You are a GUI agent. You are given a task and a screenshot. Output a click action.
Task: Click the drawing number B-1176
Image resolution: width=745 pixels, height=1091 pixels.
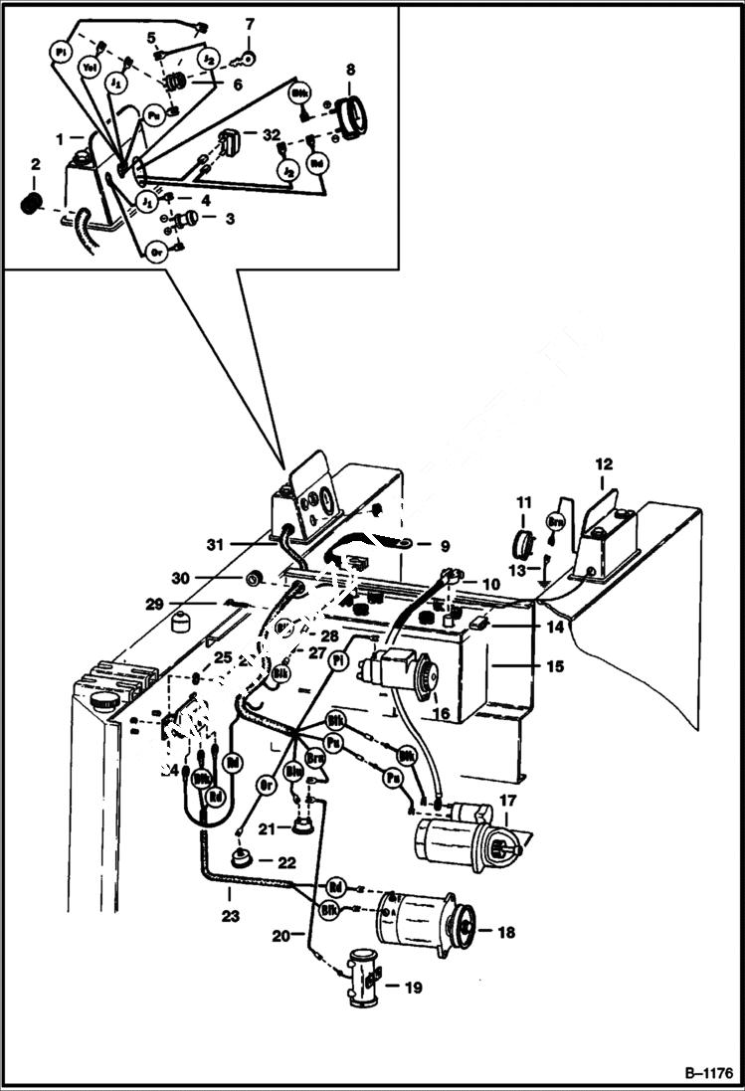pos(707,1073)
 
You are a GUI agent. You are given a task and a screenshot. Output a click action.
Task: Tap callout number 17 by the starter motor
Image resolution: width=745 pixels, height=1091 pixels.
pos(507,800)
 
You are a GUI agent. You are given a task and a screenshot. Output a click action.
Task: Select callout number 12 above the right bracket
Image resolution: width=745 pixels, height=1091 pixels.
pos(604,463)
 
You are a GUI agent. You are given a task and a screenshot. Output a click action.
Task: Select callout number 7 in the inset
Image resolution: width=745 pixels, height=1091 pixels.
pos(249,22)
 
